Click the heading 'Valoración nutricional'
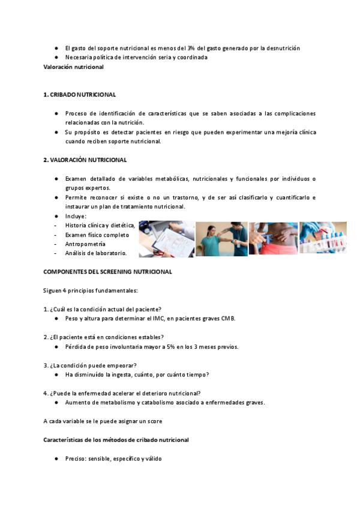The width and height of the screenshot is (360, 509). point(73,67)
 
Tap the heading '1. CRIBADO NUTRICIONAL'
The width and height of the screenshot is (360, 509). point(80,95)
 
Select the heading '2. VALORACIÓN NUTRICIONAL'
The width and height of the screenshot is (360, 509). point(85,160)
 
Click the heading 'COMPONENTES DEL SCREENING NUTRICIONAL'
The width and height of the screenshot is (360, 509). point(107,272)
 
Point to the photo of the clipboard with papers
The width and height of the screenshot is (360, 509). point(166,239)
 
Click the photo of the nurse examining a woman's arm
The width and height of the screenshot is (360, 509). point(221,239)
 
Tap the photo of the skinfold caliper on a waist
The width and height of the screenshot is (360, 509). point(272,239)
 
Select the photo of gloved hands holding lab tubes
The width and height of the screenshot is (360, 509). point(323,238)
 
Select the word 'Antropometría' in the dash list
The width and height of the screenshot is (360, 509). point(85,244)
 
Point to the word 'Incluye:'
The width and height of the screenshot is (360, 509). point(76,216)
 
